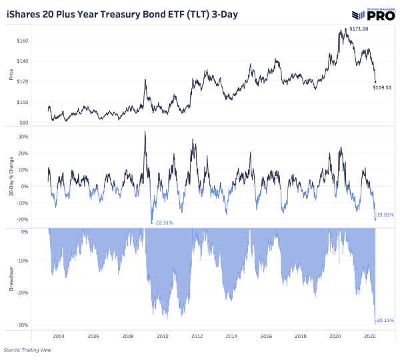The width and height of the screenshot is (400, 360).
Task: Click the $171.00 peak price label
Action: click(358, 29)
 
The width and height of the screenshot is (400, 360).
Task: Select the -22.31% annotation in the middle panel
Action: click(163, 223)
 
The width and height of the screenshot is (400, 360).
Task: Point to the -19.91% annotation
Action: click(386, 215)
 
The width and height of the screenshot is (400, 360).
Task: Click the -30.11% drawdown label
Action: click(386, 321)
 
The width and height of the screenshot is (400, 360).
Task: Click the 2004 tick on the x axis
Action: click(58, 337)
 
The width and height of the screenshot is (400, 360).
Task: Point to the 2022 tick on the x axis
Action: click(371, 337)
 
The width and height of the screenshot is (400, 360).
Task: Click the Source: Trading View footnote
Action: click(27, 349)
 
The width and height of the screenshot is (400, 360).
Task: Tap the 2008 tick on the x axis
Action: click(127, 337)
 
